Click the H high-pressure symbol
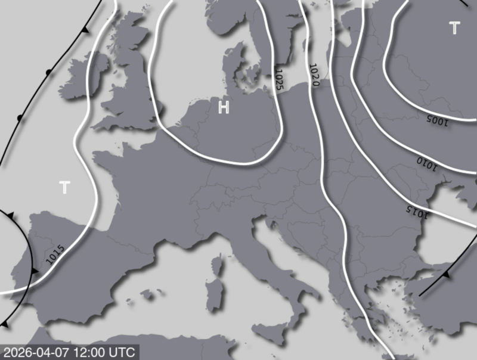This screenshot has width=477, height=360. click(224, 108)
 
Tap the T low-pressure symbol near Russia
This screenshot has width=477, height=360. click(454, 27)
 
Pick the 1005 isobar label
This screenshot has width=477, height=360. click(438, 120)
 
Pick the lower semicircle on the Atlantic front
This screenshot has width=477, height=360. click(20, 117)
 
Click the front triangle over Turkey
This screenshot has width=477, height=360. click(446, 274)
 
